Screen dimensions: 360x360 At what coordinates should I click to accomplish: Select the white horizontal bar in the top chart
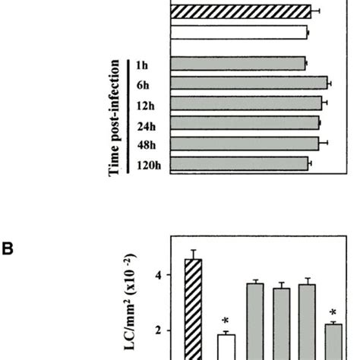click(239, 32)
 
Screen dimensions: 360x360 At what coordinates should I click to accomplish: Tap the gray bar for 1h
click(238, 63)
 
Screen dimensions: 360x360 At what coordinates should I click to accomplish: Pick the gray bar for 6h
click(248, 83)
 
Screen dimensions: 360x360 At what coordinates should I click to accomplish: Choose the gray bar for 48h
click(245, 143)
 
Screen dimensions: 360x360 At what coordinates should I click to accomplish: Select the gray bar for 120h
click(240, 163)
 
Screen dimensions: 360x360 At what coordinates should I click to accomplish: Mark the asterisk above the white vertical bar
click(226, 322)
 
